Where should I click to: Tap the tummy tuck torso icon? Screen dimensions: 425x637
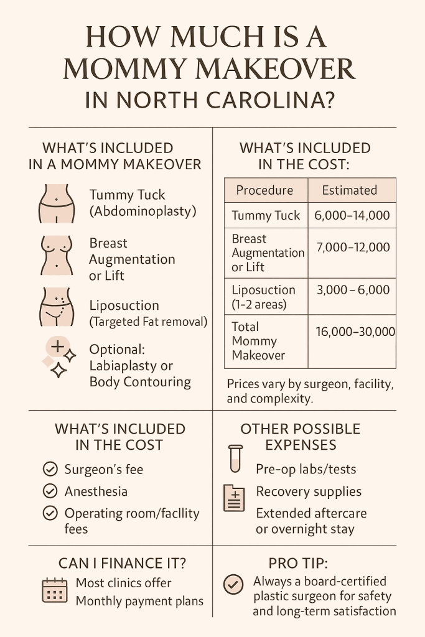57,203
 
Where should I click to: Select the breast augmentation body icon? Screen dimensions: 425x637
57,256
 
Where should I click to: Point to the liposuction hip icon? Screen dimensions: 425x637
57,307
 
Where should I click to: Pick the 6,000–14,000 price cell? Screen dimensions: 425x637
352,215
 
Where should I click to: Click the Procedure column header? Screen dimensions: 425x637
264,190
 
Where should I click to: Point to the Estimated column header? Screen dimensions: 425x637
350,190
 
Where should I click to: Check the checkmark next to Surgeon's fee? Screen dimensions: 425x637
50,469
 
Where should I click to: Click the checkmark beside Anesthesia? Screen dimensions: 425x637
50,491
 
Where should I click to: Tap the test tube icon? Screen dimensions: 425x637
235,458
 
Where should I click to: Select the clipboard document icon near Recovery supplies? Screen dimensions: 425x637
235,498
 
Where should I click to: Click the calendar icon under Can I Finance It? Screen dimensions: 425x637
55,590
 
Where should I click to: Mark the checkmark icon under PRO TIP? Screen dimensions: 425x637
233,585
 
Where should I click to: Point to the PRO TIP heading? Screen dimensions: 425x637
298,563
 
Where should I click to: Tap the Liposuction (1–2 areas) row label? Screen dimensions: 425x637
264,297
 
